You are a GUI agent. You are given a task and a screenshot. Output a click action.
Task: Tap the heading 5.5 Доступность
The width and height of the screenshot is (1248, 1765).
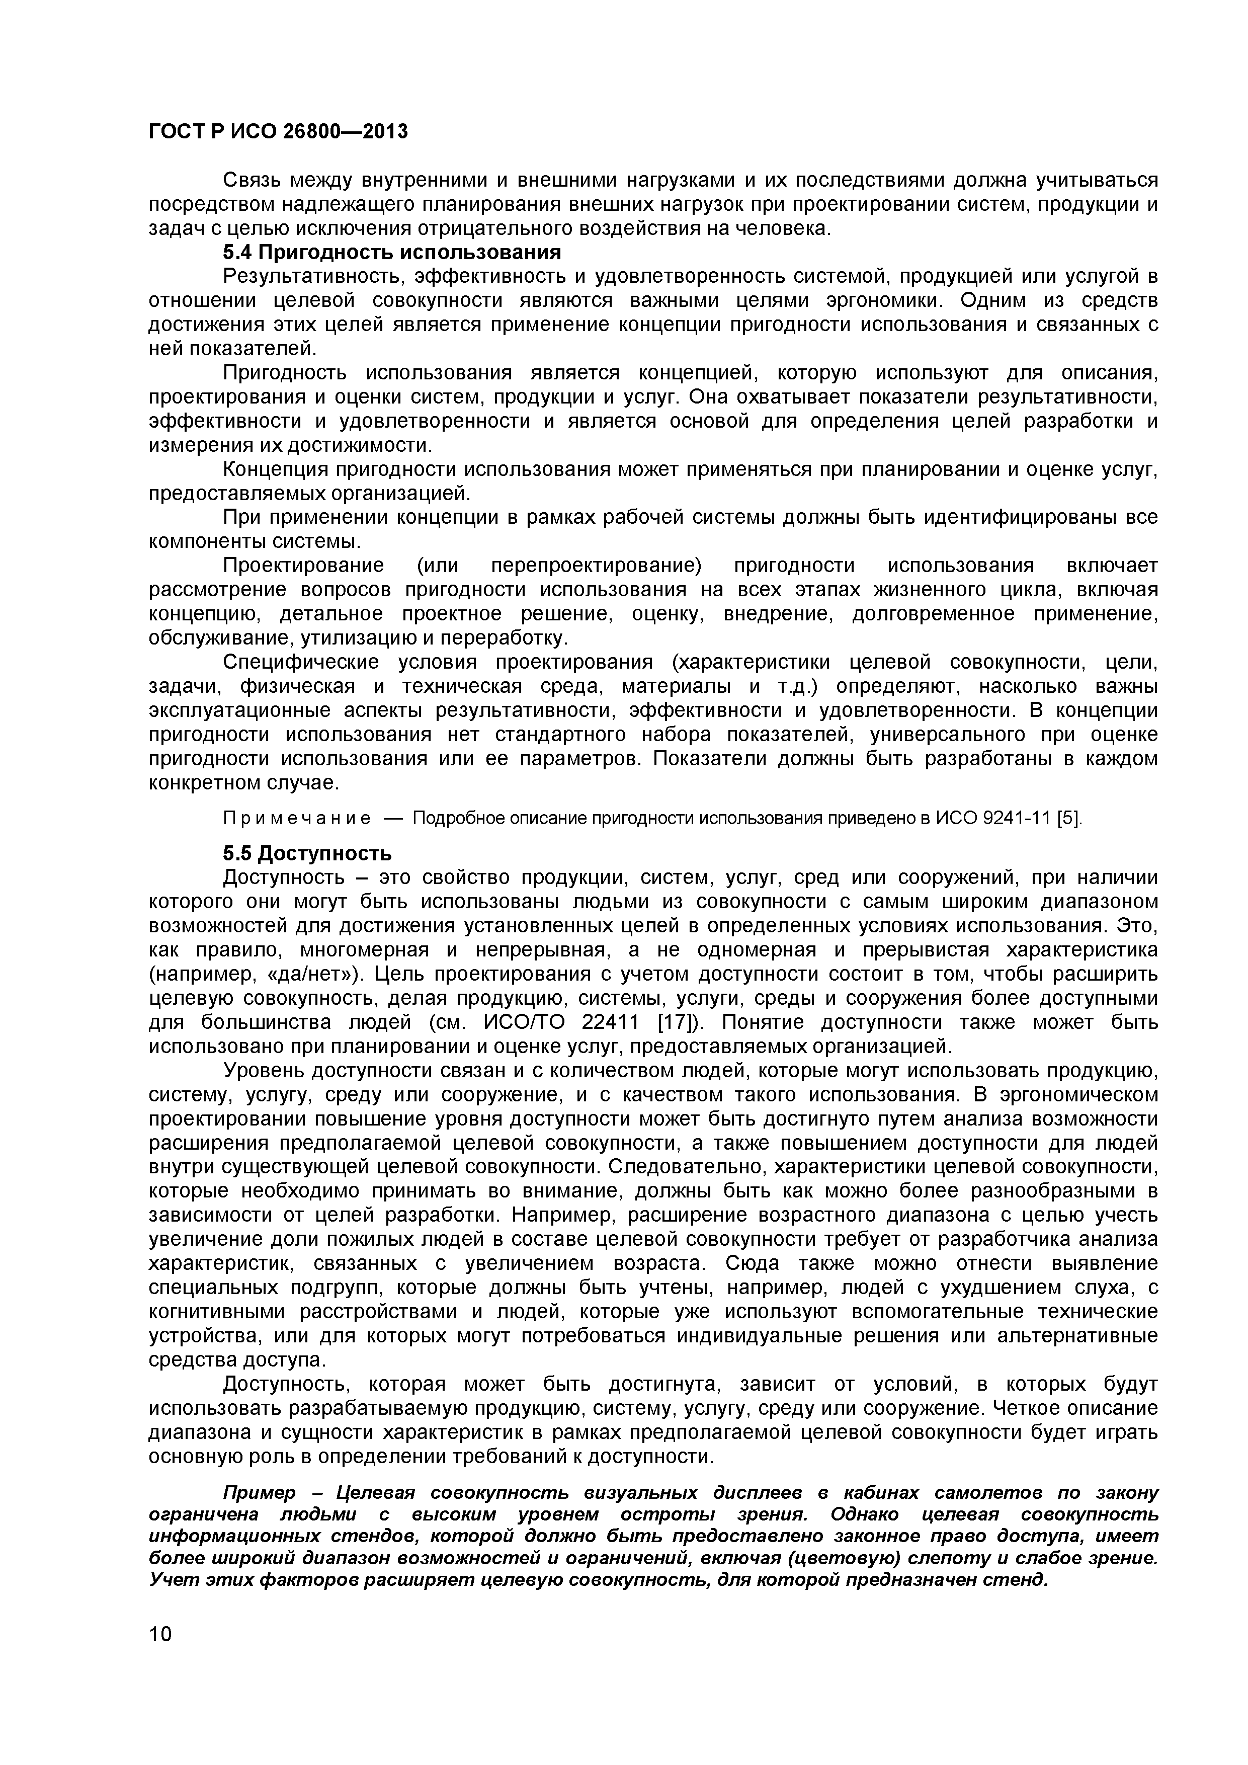pyautogui.click(x=307, y=853)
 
